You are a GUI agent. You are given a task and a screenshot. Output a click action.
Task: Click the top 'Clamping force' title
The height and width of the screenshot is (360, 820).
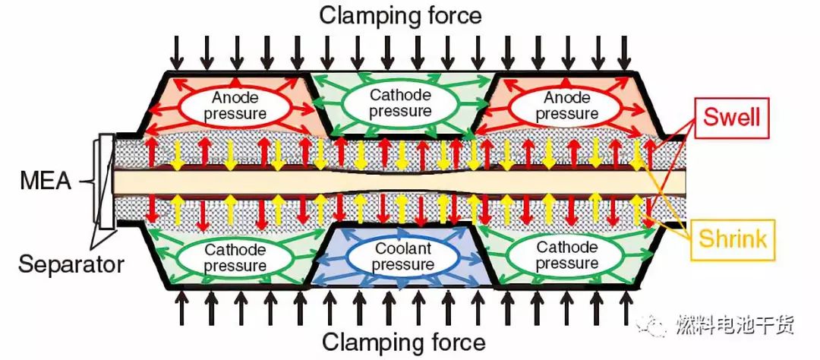pos(400,14)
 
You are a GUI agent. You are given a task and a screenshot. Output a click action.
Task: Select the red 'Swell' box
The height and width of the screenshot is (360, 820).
pos(731,118)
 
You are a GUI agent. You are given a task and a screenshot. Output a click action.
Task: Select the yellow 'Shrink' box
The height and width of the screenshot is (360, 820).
pos(730,240)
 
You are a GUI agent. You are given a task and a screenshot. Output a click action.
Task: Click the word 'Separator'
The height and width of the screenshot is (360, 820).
pos(71,265)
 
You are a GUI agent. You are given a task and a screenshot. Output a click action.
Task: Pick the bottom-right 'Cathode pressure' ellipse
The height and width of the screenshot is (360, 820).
pos(567,257)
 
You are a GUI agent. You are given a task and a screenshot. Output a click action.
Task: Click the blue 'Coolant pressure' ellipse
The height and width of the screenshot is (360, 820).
pos(404,257)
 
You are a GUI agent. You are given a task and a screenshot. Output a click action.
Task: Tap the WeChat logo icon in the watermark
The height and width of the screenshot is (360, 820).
pos(654,325)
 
